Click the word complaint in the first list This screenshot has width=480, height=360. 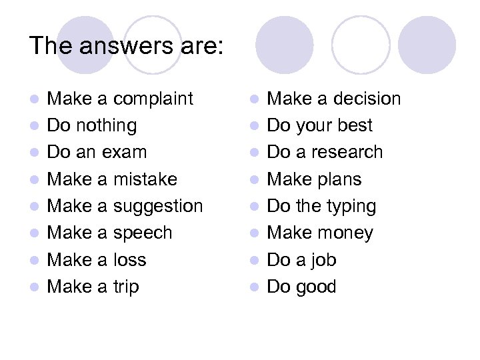click(x=153, y=99)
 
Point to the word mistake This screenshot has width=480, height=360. click(x=145, y=179)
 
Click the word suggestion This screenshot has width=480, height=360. click(x=157, y=207)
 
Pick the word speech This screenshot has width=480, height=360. click(x=142, y=233)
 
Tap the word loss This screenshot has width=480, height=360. click(x=129, y=260)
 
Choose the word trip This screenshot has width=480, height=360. click(x=126, y=287)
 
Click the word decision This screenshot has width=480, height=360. click(x=366, y=99)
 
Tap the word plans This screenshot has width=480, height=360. click(x=339, y=179)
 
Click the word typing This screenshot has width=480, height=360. click(x=351, y=207)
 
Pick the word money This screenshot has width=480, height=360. click(x=345, y=233)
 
